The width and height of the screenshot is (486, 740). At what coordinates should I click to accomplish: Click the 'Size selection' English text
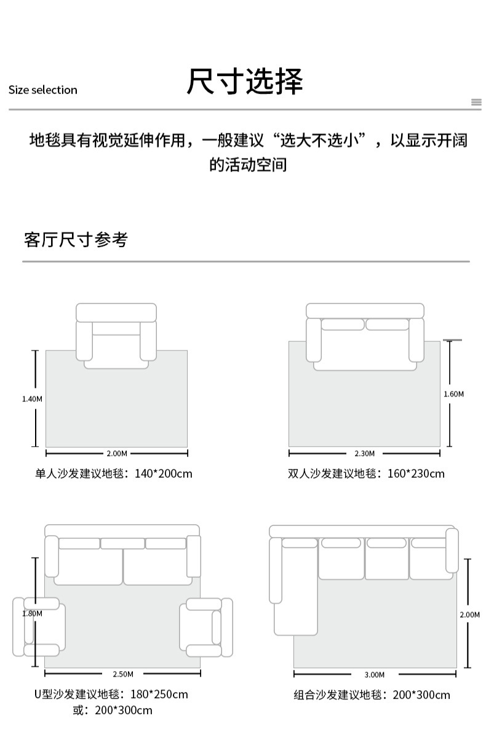pyautogui.click(x=43, y=90)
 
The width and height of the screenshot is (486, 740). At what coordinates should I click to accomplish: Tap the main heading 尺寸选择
pyautogui.click(x=245, y=82)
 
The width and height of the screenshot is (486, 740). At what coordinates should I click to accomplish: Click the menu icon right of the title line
pyautogui.click(x=476, y=103)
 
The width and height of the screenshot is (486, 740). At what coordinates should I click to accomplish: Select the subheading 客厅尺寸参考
pyautogui.click(x=76, y=239)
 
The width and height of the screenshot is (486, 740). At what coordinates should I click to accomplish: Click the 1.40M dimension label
pyautogui.click(x=32, y=399)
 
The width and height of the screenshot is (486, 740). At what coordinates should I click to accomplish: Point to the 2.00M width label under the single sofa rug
pyautogui.click(x=116, y=454)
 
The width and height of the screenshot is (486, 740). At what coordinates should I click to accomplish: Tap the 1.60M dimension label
pyautogui.click(x=454, y=394)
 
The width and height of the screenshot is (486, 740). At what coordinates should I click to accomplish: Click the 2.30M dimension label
pyautogui.click(x=364, y=454)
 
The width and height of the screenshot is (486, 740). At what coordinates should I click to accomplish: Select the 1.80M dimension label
pyautogui.click(x=32, y=613)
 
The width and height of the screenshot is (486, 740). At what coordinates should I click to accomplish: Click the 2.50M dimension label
pyautogui.click(x=123, y=674)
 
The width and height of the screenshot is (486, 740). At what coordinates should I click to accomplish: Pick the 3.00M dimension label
pyautogui.click(x=374, y=674)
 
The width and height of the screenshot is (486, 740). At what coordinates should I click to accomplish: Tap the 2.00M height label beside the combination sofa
pyautogui.click(x=469, y=615)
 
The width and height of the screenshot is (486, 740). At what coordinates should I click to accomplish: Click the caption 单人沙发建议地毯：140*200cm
pyautogui.click(x=113, y=474)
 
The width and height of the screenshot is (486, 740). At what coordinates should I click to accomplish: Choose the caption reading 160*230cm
pyautogui.click(x=366, y=474)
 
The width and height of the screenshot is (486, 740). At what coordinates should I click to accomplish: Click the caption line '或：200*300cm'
pyautogui.click(x=113, y=710)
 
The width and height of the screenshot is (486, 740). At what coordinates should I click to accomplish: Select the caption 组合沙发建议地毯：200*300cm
pyautogui.click(x=372, y=695)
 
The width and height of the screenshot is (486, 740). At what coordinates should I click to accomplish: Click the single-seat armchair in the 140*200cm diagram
pyautogui.click(x=116, y=336)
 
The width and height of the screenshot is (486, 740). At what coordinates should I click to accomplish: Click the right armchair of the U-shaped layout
pyautogui.click(x=205, y=626)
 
